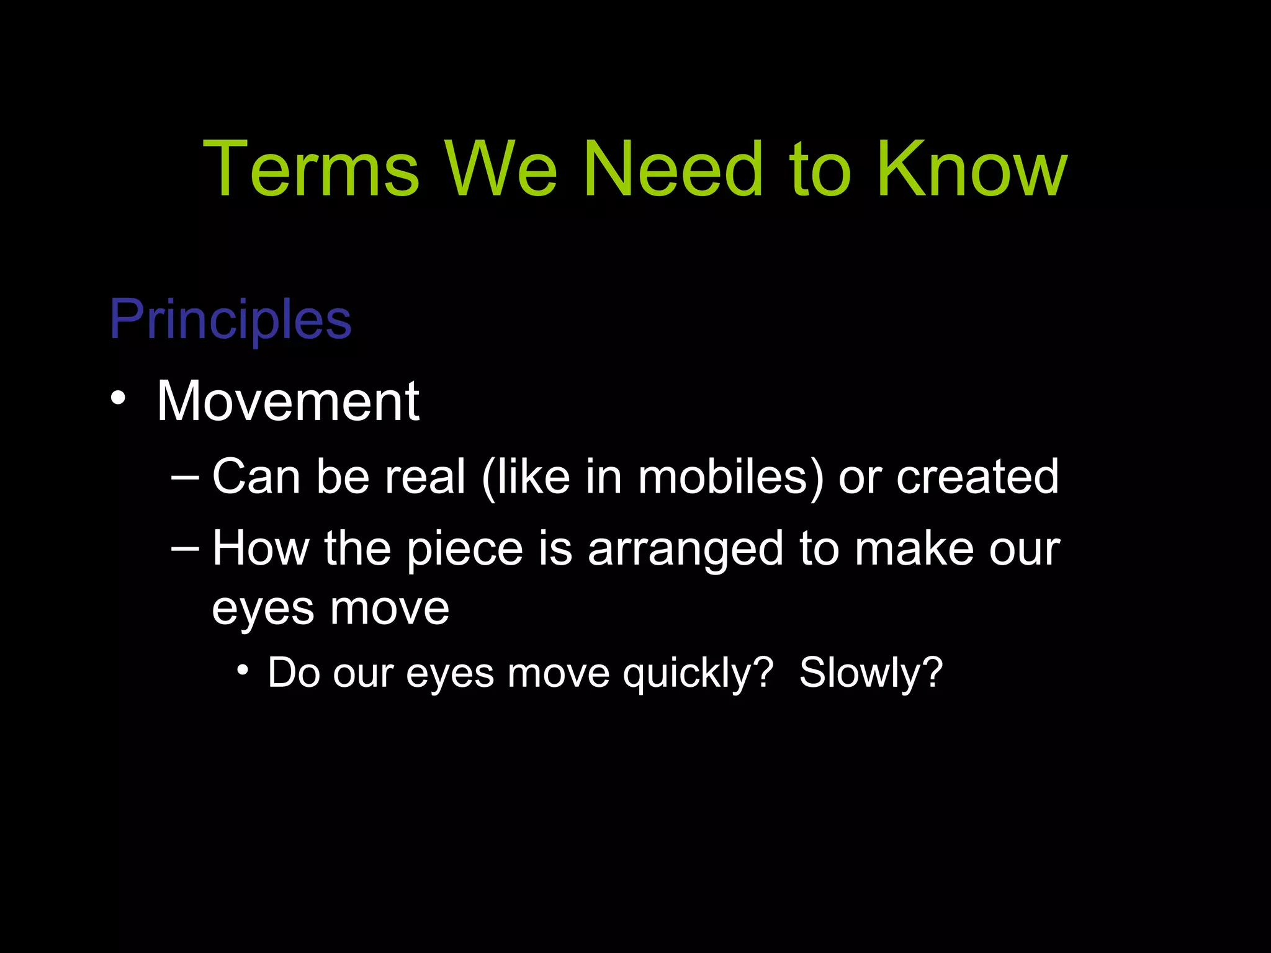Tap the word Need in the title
673,169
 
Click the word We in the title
500,169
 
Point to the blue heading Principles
230,319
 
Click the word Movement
288,401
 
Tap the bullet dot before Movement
118,399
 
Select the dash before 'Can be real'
185,477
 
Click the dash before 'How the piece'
185,549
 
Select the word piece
465,550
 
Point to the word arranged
686,550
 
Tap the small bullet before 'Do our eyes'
243,670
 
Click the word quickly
698,673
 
